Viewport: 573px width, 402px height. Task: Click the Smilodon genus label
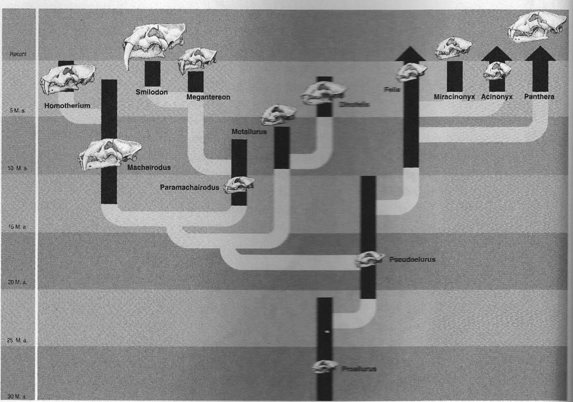[x=151, y=92]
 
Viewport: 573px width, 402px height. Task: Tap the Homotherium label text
[x=66, y=106]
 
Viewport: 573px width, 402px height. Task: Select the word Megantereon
[x=208, y=97]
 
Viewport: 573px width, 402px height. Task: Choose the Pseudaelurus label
[x=412, y=259]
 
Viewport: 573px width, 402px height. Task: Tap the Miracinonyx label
[x=454, y=97]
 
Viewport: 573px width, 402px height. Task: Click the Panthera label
[x=539, y=97]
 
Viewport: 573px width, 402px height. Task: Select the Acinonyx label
[x=497, y=97]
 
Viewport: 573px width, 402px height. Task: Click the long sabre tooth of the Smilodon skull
[x=127, y=54]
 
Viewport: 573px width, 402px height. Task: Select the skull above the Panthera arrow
[x=536, y=26]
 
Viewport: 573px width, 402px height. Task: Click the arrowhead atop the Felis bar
[x=410, y=56]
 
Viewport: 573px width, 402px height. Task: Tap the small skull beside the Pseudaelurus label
[x=370, y=260]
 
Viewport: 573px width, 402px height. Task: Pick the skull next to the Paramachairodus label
[x=239, y=185]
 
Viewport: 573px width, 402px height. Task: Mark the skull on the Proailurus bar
[x=325, y=366]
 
